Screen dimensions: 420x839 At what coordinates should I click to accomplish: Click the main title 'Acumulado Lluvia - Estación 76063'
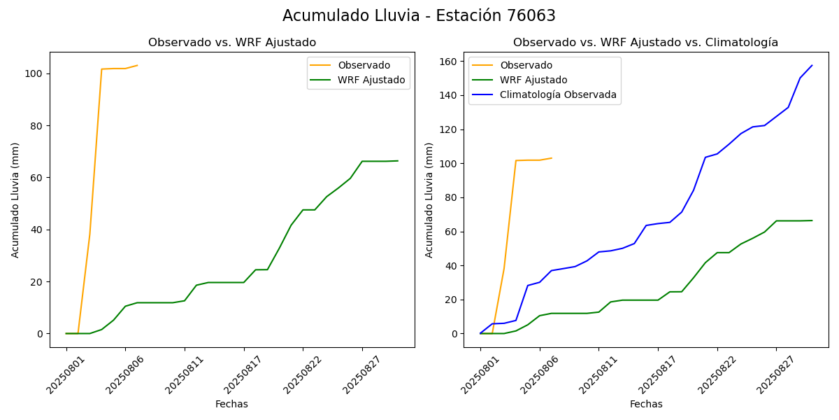419,16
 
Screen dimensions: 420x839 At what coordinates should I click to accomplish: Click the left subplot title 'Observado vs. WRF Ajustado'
231,43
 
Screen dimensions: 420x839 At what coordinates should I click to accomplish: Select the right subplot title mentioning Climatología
645,43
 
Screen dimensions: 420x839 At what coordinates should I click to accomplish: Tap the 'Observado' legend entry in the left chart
364,65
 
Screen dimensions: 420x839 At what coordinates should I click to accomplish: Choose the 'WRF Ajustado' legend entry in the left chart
371,80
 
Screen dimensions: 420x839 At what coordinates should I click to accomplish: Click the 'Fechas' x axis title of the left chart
231,404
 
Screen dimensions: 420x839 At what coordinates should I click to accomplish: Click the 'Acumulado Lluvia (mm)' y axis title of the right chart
429,199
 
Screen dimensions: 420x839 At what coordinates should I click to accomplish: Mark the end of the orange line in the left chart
137,65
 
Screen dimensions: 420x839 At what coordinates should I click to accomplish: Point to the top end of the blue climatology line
812,66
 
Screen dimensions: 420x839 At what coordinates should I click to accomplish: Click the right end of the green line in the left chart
398,161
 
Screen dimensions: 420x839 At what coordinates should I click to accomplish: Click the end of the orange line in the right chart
552,158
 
